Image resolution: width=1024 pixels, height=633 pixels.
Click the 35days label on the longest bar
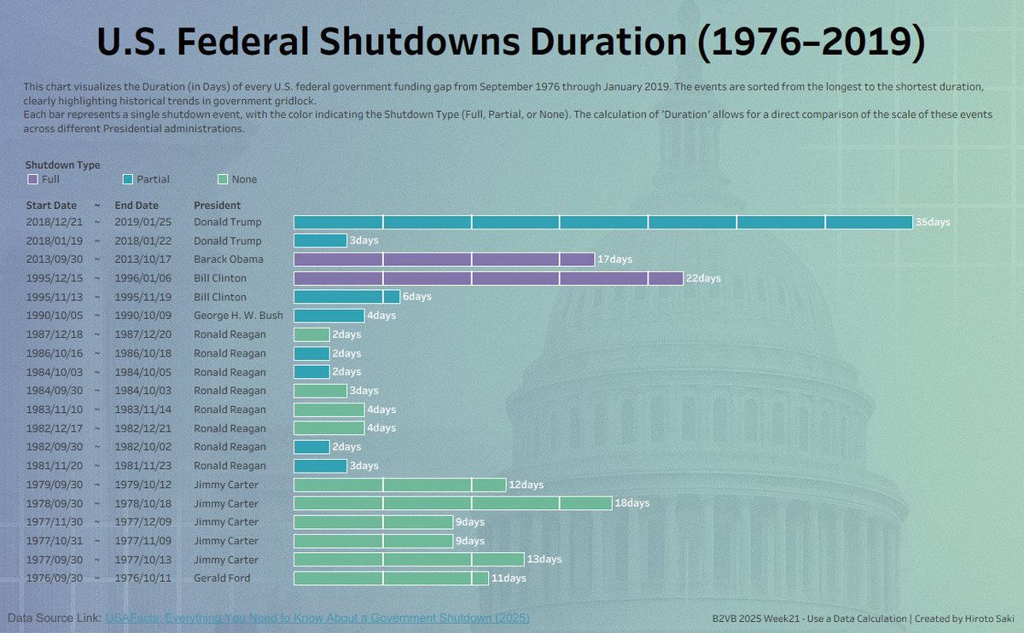click(932, 223)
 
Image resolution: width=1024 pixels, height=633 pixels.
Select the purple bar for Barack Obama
click(444, 259)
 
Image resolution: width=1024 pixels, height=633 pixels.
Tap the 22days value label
click(703, 278)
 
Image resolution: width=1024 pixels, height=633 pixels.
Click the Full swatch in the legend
click(33, 180)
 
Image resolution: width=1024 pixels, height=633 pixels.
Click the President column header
click(217, 206)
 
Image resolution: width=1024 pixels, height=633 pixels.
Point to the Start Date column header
click(50, 206)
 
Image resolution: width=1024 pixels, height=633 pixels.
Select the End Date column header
click(137, 206)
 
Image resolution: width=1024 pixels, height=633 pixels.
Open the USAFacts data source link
click(317, 618)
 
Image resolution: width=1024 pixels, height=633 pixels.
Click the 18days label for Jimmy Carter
click(631, 503)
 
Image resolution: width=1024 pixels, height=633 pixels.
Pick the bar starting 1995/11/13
click(346, 297)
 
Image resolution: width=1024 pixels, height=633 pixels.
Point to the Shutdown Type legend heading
click(62, 165)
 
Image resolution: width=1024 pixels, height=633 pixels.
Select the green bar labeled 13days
click(409, 560)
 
